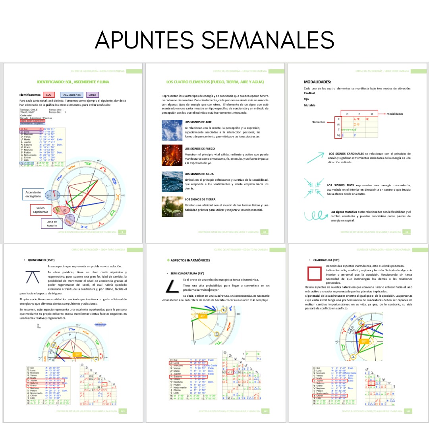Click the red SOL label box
pos(48,95)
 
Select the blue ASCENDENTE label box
pos(72,95)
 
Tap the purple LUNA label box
pos(92,95)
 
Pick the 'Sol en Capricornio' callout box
pos(41,210)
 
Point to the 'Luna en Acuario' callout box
pos(52,223)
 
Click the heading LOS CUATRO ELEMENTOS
pos(215,82)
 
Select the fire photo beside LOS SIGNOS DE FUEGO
pos(171,155)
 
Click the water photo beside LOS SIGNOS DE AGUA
pos(171,181)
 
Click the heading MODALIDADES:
pos(317,82)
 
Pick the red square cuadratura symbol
pos(315,274)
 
